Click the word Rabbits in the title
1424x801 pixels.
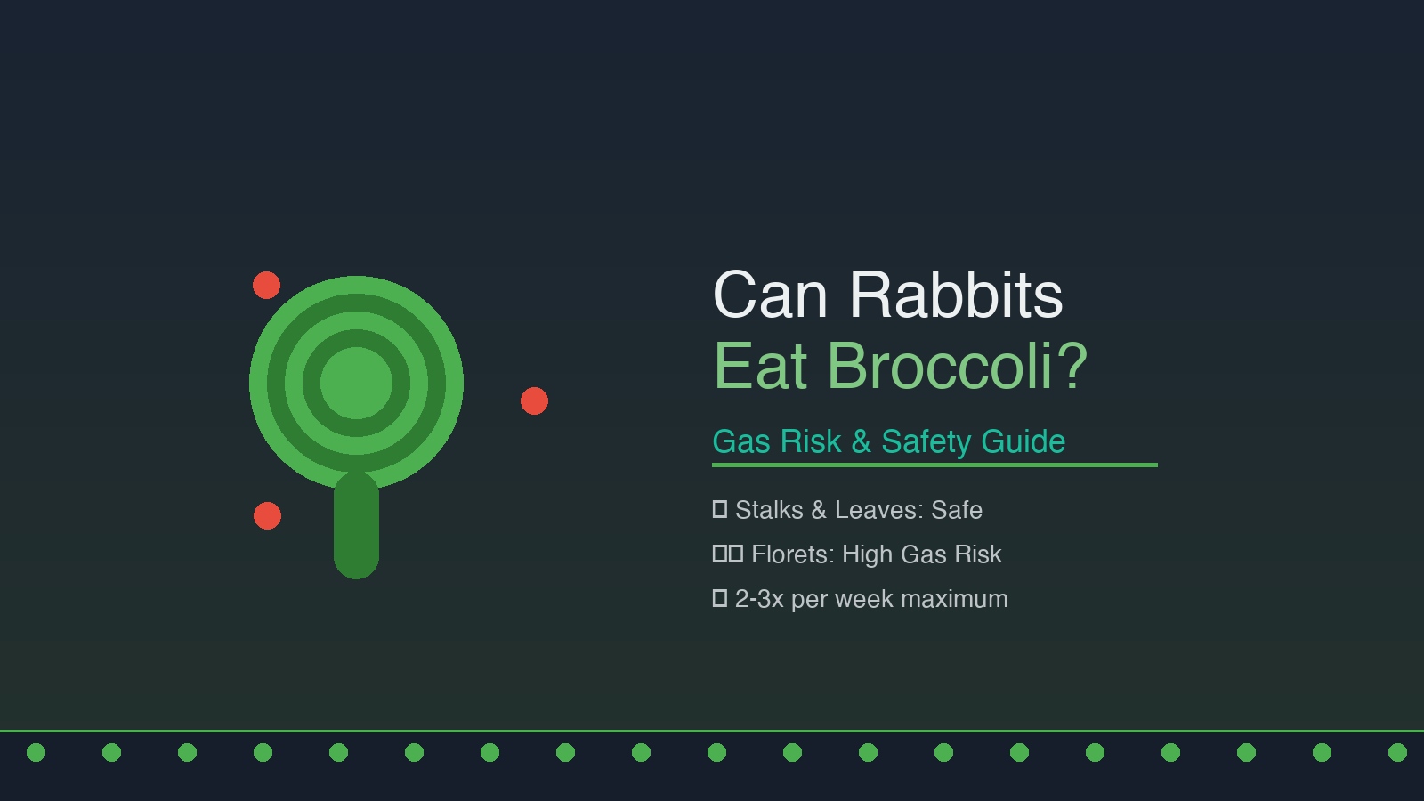956,295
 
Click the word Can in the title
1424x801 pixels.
771,295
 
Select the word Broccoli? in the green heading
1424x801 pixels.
958,366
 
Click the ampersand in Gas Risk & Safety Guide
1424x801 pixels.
861,441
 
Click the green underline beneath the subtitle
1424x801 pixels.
934,465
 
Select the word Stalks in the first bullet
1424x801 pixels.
769,510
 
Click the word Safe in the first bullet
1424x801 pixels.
957,510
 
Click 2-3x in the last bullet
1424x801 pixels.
759,599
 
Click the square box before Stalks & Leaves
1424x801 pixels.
720,509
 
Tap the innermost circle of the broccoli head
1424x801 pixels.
356,383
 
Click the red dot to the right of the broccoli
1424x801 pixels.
534,401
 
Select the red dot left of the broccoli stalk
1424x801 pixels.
267,515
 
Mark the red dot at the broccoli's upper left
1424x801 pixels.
266,286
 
